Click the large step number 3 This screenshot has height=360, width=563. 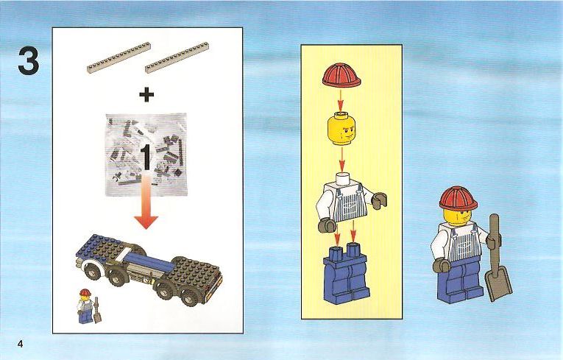point(29,61)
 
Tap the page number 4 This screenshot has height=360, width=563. point(20,344)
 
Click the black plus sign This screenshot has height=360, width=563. point(146,95)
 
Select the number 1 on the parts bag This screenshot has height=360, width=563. point(146,157)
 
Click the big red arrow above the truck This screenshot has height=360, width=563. point(146,201)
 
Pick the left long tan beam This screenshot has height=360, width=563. point(118,57)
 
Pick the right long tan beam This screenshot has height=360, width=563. point(177,57)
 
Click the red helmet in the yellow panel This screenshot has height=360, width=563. point(341,75)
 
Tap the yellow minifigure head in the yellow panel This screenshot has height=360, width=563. point(341,129)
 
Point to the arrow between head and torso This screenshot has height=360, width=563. point(342,159)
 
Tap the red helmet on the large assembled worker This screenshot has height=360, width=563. point(458,198)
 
